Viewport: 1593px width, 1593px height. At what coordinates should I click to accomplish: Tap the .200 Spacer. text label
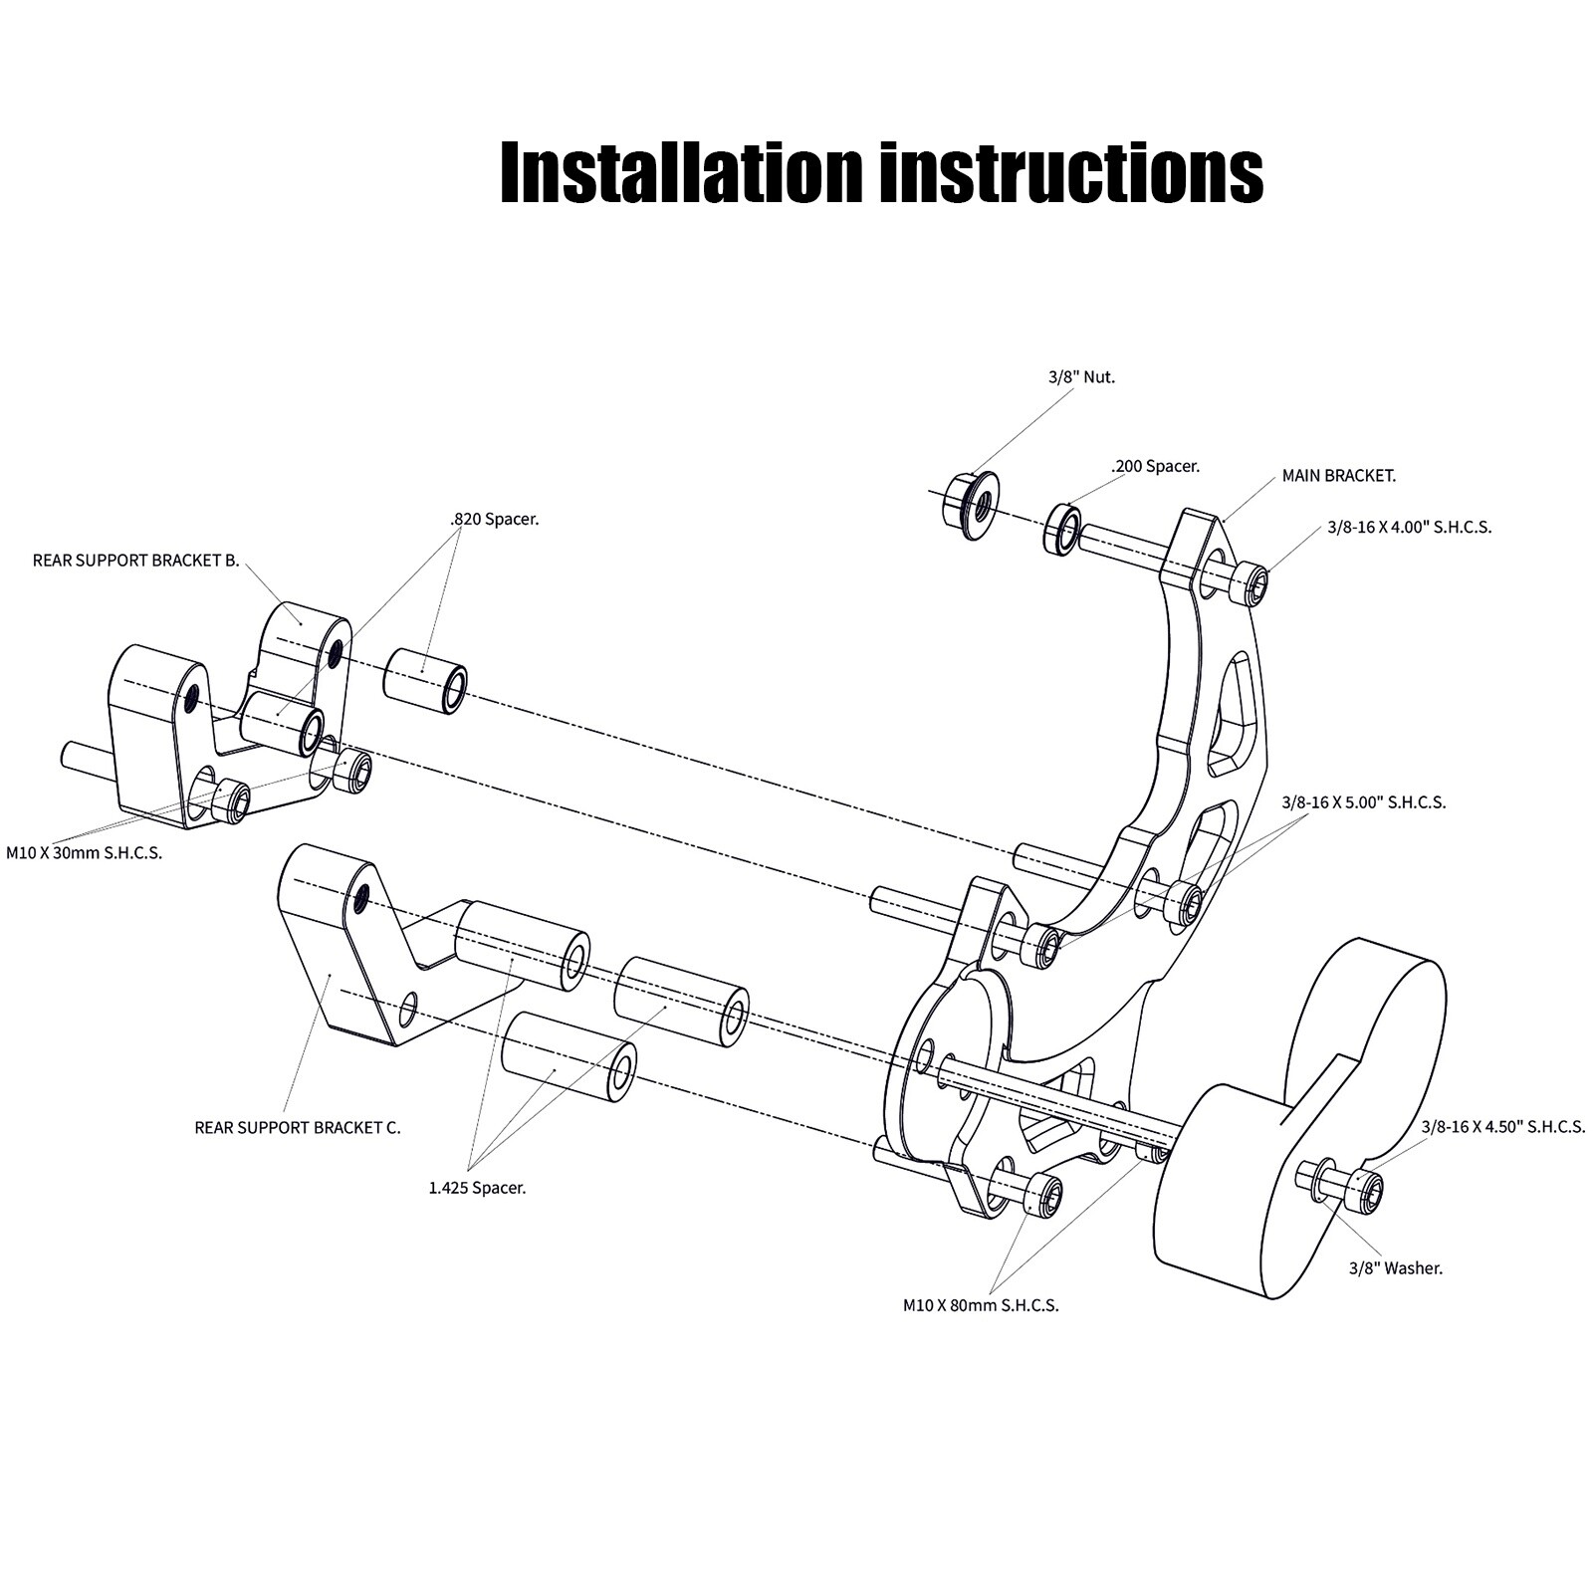pos(1155,466)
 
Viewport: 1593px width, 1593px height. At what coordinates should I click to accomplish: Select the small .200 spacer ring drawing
pos(1062,528)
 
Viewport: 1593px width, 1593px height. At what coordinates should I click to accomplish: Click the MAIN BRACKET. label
pos(1338,476)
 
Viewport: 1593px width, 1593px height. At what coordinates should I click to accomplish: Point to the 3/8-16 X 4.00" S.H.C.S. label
pos(1409,528)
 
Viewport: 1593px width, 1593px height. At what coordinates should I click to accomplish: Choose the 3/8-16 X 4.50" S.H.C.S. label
pos(1502,1127)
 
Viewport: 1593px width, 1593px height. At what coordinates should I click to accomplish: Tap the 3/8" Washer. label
pos(1395,1268)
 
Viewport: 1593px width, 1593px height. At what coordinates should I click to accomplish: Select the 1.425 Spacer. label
pos(477,1187)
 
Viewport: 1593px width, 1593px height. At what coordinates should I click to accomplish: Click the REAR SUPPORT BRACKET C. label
pos(298,1128)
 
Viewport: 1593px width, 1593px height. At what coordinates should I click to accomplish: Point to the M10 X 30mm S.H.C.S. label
pos(84,853)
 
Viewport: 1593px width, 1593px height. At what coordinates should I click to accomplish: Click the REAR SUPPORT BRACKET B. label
pos(135,561)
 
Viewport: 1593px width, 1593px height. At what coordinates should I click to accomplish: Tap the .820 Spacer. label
pos(494,519)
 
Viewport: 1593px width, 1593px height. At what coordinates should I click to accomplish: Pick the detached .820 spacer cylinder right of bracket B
pos(426,679)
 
